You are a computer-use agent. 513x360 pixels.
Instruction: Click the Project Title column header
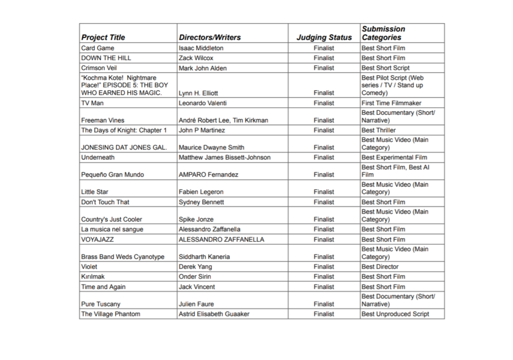point(103,37)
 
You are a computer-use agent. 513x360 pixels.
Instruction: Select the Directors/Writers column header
point(209,37)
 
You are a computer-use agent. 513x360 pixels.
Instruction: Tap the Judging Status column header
point(324,37)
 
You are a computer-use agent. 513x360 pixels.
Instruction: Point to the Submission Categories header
point(383,33)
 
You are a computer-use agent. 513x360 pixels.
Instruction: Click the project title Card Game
point(98,48)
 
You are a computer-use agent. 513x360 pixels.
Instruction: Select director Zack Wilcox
point(196,58)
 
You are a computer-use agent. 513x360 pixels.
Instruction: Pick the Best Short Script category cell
point(385,68)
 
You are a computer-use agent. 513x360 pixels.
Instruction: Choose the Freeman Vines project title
point(103,120)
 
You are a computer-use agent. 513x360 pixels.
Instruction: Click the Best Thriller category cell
point(378,130)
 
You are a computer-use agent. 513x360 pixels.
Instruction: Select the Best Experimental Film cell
point(394,157)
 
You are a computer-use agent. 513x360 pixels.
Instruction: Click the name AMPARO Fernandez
point(208,175)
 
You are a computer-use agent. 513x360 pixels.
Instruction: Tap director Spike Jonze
point(196,220)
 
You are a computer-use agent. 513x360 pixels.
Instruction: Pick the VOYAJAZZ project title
point(98,240)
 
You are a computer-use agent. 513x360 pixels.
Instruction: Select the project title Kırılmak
point(93,277)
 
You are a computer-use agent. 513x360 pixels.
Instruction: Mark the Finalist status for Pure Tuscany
point(324,304)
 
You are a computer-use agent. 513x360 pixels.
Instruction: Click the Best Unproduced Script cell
point(395,314)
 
